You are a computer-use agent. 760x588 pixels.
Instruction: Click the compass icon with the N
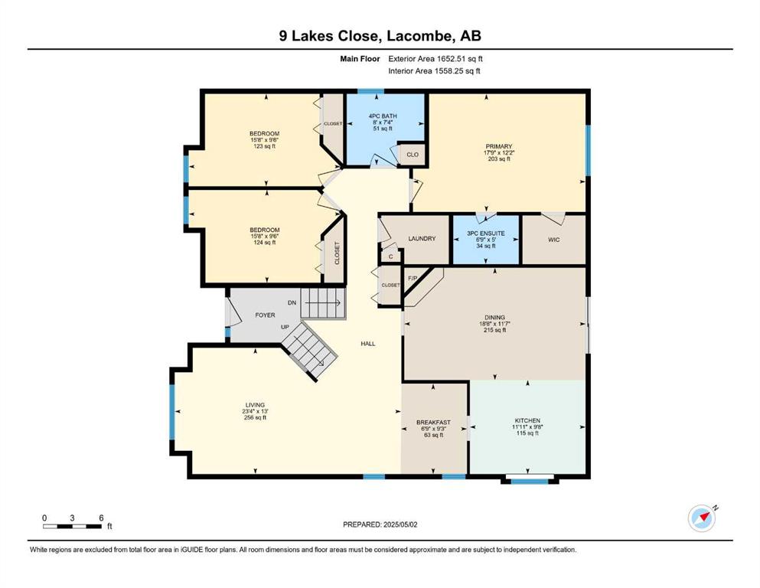point(702,518)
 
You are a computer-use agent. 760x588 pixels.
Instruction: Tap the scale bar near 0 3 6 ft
point(72,526)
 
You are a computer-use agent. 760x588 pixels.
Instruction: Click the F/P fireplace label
point(413,278)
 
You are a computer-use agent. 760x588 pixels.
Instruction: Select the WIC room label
point(553,240)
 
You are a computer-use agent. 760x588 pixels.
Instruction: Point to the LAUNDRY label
point(422,239)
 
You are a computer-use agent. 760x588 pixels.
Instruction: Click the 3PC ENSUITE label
point(486,234)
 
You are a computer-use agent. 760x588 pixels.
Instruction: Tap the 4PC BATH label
point(383,116)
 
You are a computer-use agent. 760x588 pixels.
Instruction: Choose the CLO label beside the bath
point(413,155)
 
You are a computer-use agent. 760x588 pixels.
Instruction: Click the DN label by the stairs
point(292,302)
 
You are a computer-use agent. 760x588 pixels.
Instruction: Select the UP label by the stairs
point(285,327)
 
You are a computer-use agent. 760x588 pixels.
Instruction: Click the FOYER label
point(265,315)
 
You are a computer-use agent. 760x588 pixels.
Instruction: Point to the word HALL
point(368,344)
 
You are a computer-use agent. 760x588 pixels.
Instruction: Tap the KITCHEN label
point(527,421)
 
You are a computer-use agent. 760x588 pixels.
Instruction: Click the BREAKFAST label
point(433,422)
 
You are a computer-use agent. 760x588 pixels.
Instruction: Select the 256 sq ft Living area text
point(255,417)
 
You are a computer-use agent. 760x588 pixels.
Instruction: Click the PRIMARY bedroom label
point(499,146)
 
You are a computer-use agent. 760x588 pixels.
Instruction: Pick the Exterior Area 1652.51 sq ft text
point(435,59)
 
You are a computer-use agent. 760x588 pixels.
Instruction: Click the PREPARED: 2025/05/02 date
point(380,524)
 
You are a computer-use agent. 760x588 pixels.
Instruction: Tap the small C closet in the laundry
point(390,257)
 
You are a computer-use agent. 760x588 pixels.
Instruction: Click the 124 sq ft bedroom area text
point(265,243)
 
